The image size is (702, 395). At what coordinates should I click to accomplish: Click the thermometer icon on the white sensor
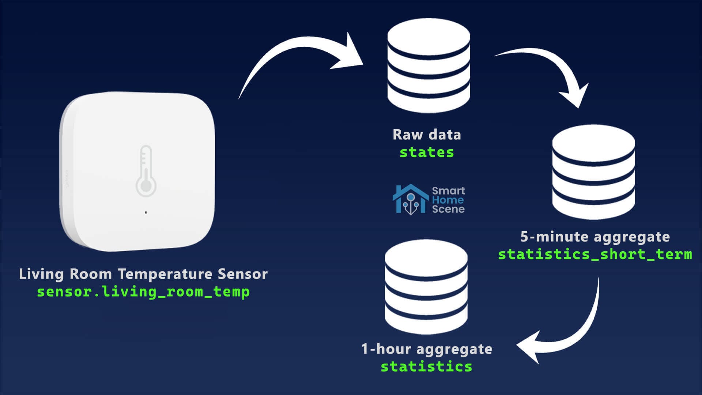pyautogui.click(x=146, y=171)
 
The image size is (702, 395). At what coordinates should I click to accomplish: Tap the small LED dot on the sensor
pyautogui.click(x=146, y=212)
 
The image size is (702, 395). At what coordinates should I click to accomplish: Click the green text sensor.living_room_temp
pyautogui.click(x=143, y=292)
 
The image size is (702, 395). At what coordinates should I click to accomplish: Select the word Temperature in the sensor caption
pyautogui.click(x=165, y=274)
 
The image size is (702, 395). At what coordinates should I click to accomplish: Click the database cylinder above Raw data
pyautogui.click(x=429, y=66)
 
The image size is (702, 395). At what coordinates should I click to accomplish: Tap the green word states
pyautogui.click(x=427, y=152)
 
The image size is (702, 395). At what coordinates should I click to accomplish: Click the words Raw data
pyautogui.click(x=427, y=135)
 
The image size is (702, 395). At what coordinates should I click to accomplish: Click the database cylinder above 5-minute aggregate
pyautogui.click(x=593, y=172)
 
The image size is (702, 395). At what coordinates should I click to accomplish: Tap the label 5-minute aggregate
pyautogui.click(x=595, y=237)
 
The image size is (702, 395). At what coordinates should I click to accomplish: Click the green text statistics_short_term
pyautogui.click(x=595, y=254)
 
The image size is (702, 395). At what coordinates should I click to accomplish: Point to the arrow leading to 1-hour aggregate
pyautogui.click(x=570, y=329)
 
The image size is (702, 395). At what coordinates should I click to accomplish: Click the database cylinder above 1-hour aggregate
pyautogui.click(x=426, y=287)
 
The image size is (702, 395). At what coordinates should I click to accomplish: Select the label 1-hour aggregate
pyautogui.click(x=427, y=349)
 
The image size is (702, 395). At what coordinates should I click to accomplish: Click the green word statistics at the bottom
pyautogui.click(x=426, y=366)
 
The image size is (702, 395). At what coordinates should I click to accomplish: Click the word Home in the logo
pyautogui.click(x=448, y=200)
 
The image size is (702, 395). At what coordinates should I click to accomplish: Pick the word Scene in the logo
pyautogui.click(x=448, y=209)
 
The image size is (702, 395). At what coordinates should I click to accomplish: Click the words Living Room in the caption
pyautogui.click(x=65, y=274)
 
